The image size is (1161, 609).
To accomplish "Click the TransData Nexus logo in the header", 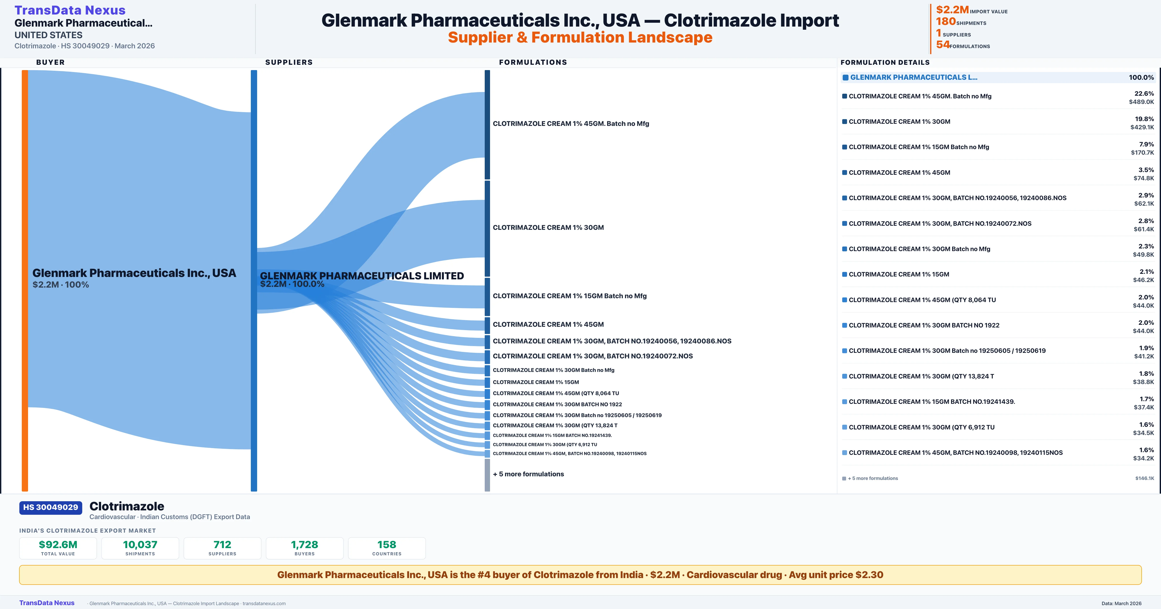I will click(70, 10).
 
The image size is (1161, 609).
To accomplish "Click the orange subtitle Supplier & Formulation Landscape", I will click(580, 37).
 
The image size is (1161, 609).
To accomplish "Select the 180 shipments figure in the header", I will click(945, 22).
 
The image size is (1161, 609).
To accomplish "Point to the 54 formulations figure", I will click(942, 45).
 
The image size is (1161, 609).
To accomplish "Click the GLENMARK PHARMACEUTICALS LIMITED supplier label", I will click(361, 276).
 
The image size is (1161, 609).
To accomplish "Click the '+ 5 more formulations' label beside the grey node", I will click(528, 474).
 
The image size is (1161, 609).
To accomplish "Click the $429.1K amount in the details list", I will click(1142, 127).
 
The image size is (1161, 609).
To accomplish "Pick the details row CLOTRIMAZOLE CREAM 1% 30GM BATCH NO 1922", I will click(924, 325).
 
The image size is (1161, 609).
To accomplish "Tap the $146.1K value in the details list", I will click(1144, 478).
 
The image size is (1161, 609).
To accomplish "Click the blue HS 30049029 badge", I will click(51, 507).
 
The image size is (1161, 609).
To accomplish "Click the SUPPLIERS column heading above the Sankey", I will click(289, 62).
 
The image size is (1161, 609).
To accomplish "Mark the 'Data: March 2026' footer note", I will click(1121, 603).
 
